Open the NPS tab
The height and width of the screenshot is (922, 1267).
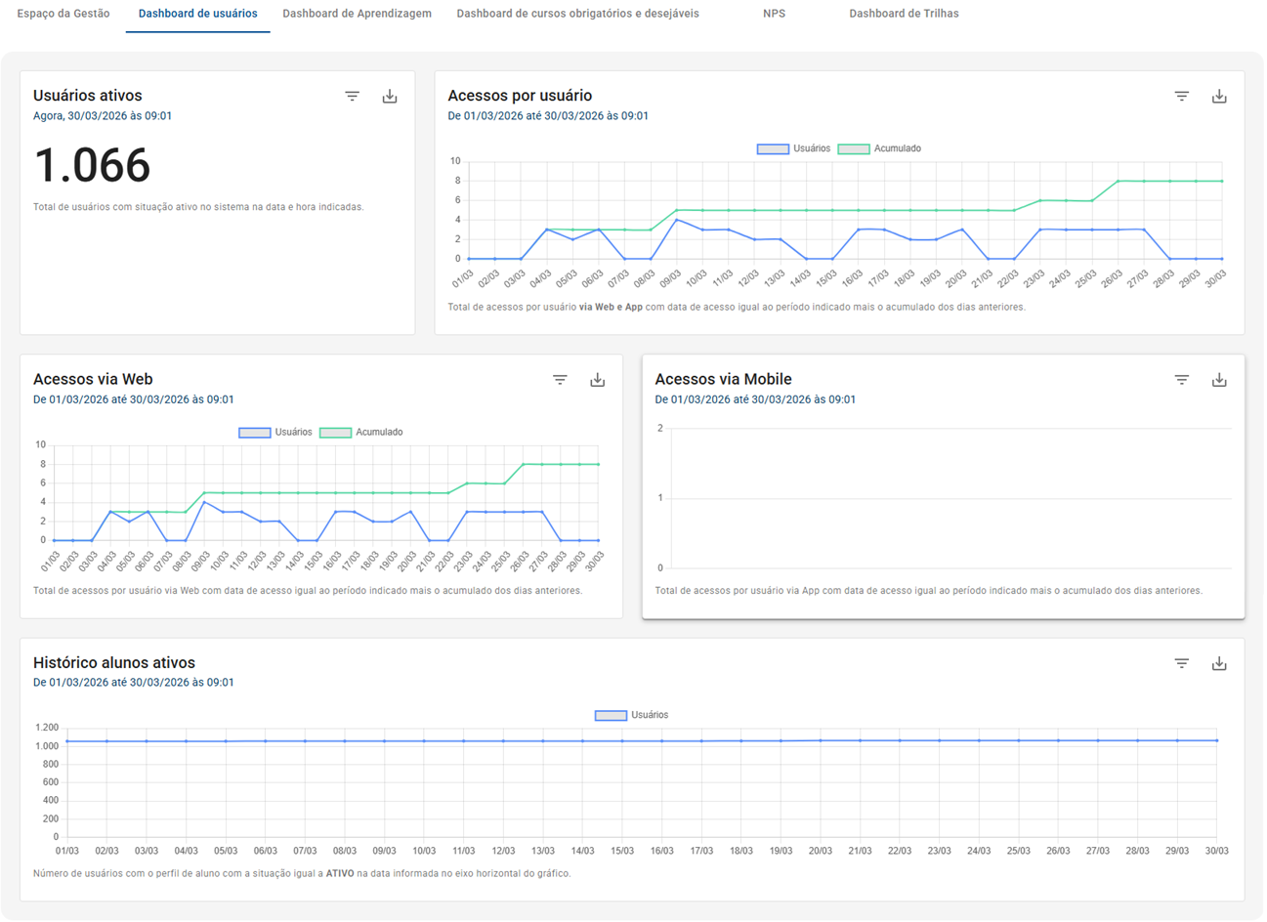774,14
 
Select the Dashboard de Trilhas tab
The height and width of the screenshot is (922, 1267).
904,14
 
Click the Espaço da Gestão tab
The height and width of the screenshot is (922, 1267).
63,14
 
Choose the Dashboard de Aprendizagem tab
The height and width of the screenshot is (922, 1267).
357,14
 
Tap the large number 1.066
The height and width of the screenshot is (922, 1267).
92,165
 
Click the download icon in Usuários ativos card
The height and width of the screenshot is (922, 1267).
390,96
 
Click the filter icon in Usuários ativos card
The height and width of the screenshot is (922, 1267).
353,96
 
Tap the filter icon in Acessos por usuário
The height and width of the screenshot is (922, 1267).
1182,96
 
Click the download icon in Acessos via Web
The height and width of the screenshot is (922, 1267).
598,380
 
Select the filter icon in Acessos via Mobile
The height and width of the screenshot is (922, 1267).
1182,380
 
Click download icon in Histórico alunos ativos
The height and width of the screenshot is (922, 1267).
1219,664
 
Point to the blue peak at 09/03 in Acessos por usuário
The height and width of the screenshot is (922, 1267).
676,220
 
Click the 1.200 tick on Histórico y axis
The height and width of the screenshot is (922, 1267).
47,728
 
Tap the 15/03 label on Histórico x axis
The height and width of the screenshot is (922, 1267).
622,851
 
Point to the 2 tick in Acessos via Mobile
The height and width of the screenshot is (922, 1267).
660,428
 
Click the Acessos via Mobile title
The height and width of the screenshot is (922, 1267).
723,379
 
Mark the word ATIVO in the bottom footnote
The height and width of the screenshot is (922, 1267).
340,873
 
